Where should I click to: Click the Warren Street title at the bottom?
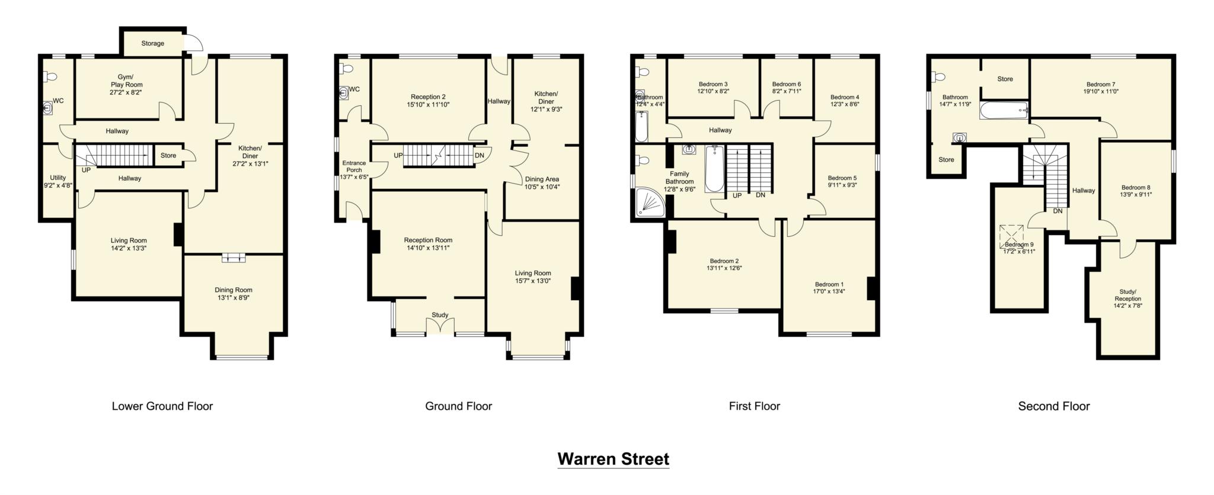coord(613,459)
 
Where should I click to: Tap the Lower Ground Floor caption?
coord(162,406)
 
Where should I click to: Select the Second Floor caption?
coord(1053,406)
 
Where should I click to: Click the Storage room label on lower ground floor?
coord(152,43)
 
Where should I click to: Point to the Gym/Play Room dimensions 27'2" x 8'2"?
coord(126,92)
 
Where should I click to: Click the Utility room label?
coord(57,178)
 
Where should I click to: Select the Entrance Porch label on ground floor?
coord(354,166)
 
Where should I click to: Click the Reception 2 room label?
coord(428,97)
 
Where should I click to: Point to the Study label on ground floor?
coord(440,315)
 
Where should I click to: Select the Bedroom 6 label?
coord(786,84)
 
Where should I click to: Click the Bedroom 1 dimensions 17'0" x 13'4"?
coord(829,291)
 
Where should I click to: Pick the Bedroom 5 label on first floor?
coord(842,178)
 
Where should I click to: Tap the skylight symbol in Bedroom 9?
coord(1011,236)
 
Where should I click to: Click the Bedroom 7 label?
coord(1101,84)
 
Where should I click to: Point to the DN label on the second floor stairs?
coord(1058,211)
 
